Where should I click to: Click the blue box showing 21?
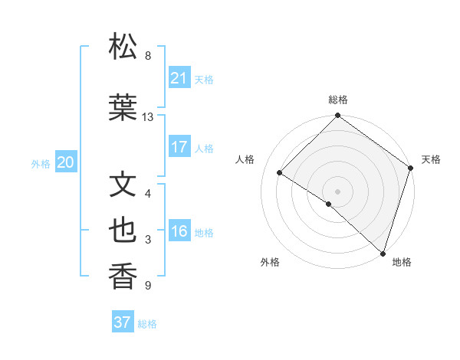tap(179, 77)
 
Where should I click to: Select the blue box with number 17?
tap(179, 147)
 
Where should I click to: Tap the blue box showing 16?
tap(179, 231)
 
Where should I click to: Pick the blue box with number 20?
tap(65, 162)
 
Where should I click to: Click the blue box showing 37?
tap(122, 322)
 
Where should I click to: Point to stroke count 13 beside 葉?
tap(148, 117)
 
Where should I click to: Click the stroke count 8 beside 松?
tap(148, 56)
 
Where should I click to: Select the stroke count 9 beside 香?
tap(148, 286)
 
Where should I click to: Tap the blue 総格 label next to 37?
tap(147, 324)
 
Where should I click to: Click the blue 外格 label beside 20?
tap(41, 163)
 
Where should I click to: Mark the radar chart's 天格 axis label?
tap(431, 159)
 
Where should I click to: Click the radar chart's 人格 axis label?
tap(245, 159)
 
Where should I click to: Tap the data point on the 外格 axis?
tap(329, 204)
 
